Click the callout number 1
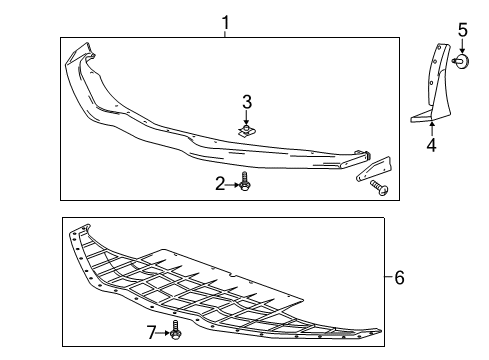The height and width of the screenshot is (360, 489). [x=225, y=21]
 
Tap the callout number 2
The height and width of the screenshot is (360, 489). [x=221, y=183]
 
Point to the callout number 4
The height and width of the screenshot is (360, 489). [x=431, y=145]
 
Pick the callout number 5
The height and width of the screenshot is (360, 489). [x=463, y=30]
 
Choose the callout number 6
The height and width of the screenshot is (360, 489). [x=399, y=277]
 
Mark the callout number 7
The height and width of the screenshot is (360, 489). [x=152, y=331]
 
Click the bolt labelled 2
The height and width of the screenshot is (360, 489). [x=245, y=183]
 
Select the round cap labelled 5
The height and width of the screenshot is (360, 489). [x=463, y=63]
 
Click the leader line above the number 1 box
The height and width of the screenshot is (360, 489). [x=225, y=33]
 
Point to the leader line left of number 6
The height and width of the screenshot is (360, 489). [x=386, y=277]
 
